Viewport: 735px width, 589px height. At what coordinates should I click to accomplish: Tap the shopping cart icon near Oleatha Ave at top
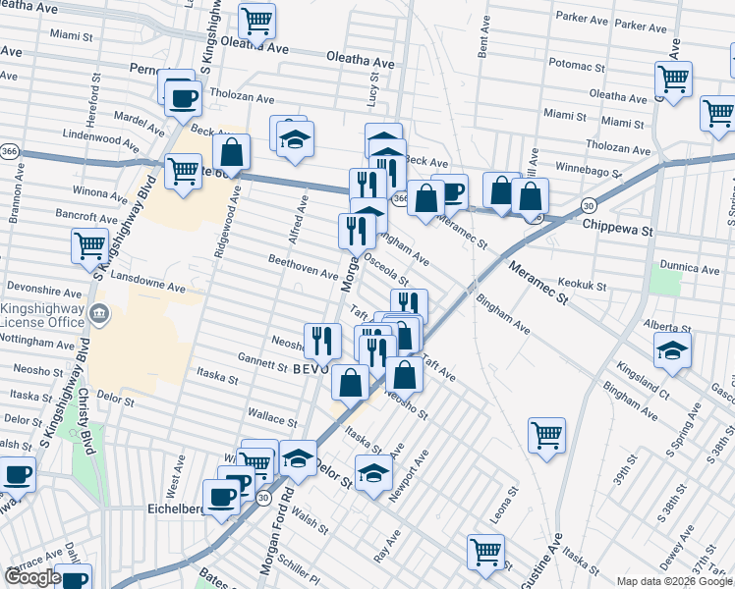coord(256,20)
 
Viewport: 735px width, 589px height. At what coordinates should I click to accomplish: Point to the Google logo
coord(31,577)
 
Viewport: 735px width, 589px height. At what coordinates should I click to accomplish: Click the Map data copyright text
coord(674,581)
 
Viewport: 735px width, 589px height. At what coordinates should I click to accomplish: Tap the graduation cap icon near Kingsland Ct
coord(672,349)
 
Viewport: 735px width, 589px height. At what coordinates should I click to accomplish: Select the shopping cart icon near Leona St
coord(546,435)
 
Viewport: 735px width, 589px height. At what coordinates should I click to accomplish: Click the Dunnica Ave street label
coord(691,267)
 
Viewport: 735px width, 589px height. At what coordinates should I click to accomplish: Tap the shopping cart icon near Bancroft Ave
coord(89,244)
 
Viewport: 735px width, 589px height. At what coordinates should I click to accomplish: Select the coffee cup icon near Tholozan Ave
coord(183,96)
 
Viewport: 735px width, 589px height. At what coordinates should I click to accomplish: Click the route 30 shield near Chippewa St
coord(587,204)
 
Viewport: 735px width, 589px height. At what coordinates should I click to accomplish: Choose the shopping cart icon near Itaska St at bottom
coord(485,551)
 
